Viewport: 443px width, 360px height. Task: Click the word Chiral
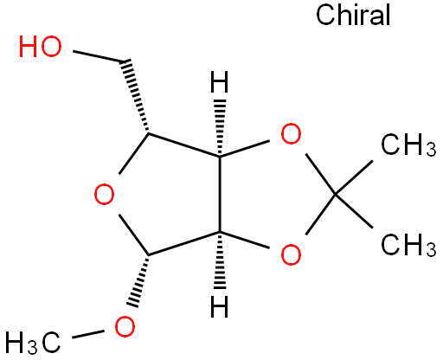pos(353,15)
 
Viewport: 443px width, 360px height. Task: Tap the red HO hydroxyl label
pos(41,47)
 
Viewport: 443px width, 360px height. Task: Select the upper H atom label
pos(220,82)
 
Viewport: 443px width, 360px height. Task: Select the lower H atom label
pos(220,306)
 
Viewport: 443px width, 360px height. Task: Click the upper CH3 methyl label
pos(408,145)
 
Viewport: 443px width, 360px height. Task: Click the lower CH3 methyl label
pos(408,245)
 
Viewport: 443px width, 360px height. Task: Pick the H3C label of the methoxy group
pos(33,343)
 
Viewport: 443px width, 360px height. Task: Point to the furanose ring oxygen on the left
pos(105,194)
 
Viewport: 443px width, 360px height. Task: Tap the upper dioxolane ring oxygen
pos(291,133)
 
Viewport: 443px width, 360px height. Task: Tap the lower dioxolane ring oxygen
pos(291,254)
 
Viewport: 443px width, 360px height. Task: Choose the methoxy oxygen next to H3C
pos(125,327)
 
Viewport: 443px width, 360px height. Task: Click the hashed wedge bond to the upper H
pos(220,128)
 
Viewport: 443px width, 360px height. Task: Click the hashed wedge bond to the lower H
pos(220,260)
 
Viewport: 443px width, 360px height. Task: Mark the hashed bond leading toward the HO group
pos(135,97)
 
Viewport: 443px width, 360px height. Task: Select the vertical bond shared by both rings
pos(220,194)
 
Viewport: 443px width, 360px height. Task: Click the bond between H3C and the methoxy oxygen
pos(87,334)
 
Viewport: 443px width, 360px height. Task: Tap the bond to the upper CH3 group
pos(354,177)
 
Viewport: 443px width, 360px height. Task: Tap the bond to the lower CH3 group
pos(354,211)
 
